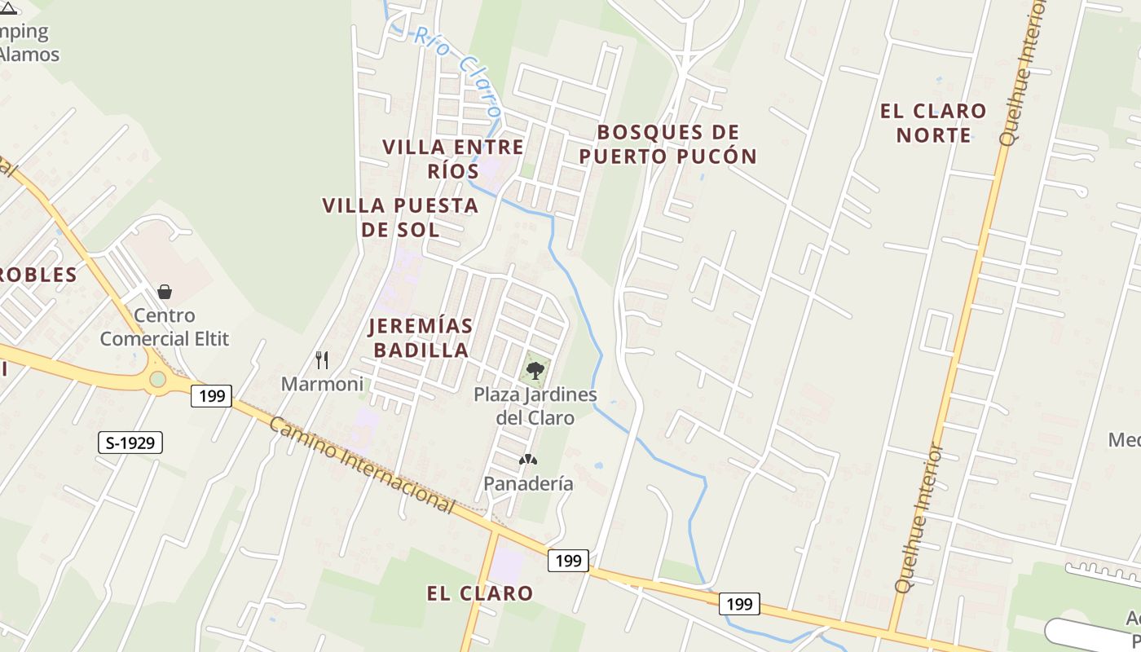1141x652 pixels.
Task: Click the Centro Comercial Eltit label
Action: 165,327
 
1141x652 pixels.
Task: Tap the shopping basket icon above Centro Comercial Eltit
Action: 165,292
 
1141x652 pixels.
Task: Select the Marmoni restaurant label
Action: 322,384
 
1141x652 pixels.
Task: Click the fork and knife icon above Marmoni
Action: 322,359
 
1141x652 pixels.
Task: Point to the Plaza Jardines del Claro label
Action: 535,406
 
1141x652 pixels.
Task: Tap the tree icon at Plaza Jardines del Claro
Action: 535,371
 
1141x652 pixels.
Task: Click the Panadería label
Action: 528,483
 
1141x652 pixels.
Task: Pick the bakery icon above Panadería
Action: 528,460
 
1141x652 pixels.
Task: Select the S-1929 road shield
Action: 130,443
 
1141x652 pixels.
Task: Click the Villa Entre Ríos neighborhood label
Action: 453,159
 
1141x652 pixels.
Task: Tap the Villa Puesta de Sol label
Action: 400,217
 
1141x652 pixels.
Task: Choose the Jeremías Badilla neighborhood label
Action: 420,337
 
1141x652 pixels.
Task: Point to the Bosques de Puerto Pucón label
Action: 668,143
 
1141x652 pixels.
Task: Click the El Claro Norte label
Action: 933,122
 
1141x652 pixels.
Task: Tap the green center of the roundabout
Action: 157,379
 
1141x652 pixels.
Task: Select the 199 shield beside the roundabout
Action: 212,396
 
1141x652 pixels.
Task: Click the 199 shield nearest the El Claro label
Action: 568,560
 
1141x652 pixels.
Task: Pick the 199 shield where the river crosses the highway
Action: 739,604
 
